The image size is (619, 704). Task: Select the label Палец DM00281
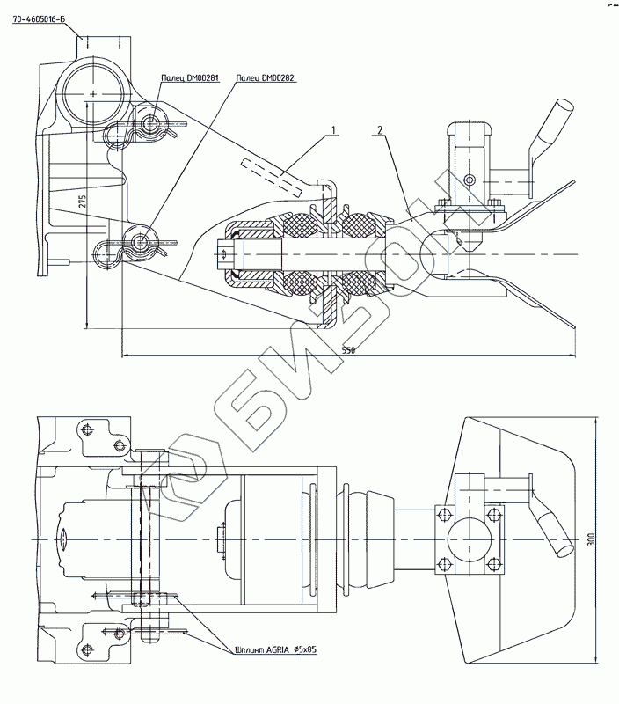pos(189,77)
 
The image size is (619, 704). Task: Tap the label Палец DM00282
pos(266,77)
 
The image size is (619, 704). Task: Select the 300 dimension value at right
pos(591,538)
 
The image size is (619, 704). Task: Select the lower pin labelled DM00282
pos(139,241)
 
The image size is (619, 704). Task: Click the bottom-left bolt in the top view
pos(87,649)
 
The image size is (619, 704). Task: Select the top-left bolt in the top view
pos(87,429)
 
